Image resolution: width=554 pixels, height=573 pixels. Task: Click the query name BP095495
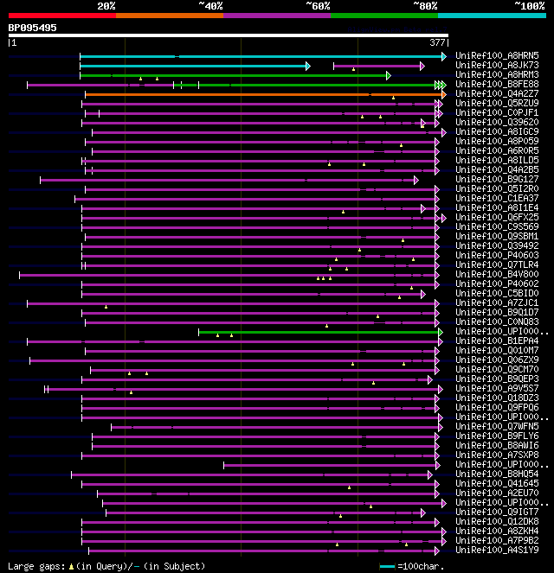(x=33, y=28)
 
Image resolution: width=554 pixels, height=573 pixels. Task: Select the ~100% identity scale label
(x=529, y=5)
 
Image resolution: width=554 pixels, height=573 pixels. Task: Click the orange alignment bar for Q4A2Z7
(x=260, y=94)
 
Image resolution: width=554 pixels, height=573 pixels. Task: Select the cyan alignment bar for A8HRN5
(x=260, y=56)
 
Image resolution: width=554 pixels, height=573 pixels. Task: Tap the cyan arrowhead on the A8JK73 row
(x=307, y=66)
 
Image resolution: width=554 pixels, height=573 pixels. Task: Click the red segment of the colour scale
(x=61, y=16)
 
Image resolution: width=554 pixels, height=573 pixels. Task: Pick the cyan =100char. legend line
(x=387, y=566)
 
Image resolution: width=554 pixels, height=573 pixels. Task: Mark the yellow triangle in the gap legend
(x=72, y=565)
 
